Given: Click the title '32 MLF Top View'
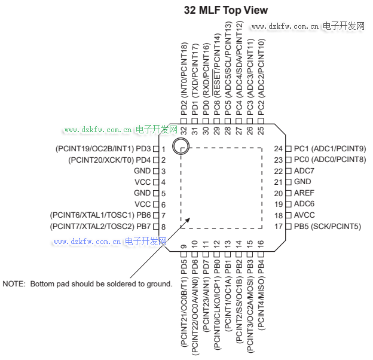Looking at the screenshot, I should tap(226, 10).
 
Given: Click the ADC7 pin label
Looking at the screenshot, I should tap(304, 171).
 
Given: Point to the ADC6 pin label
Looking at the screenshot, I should tap(304, 204).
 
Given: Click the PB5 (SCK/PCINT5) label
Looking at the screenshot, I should tap(328, 227).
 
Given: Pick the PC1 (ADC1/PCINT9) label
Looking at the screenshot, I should tap(330, 148).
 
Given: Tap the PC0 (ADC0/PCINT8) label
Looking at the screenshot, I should tap(330, 160).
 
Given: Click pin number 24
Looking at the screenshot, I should tap(278, 148).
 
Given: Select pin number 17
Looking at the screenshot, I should tap(278, 227).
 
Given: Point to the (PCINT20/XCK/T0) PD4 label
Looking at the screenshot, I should tap(109, 160).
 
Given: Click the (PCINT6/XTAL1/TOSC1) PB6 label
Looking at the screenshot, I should tap(100, 215).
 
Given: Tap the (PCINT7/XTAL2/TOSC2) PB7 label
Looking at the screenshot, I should tap(100, 227).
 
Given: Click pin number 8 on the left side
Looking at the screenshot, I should tap(163, 227).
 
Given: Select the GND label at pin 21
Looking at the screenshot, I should tap(302, 182).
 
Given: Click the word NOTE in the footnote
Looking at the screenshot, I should tap(14, 283).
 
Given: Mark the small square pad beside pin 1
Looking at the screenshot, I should tap(155, 148).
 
